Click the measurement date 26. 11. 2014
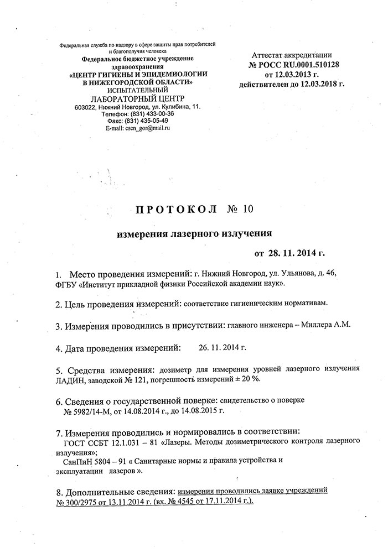pos(221,348)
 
